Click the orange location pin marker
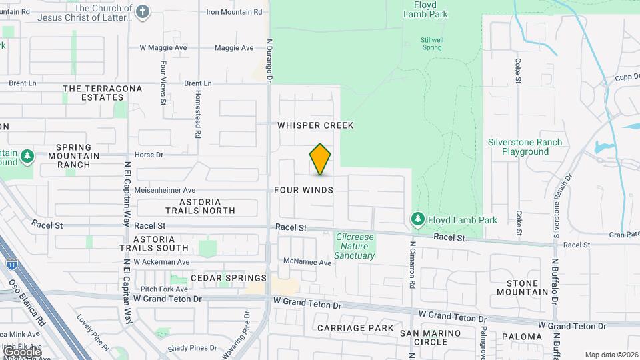[320, 159]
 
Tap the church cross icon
[143, 11]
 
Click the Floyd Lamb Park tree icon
[418, 219]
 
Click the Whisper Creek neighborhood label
[315, 125]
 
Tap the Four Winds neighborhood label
[303, 190]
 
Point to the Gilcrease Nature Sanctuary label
[355, 246]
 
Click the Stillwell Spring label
[432, 44]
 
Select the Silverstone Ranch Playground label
[525, 147]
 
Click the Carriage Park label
[355, 328]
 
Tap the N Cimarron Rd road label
[413, 264]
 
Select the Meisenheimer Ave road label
[165, 190]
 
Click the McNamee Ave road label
[307, 263]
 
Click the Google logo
[21, 351]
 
